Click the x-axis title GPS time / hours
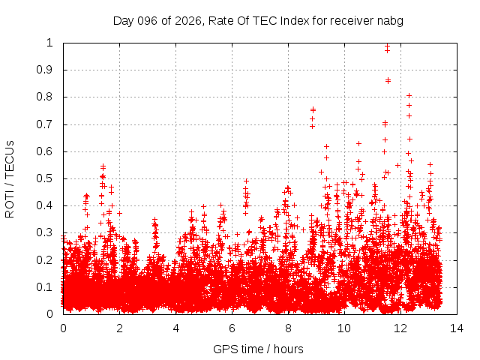click(258, 349)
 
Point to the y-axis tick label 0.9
click(46, 70)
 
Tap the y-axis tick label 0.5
click(46, 178)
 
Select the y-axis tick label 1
click(50, 43)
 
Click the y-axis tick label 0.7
click(46, 124)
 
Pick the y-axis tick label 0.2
click(46, 260)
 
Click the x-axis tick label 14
click(456, 328)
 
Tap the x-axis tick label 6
click(232, 328)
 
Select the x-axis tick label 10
click(343, 328)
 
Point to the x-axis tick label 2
click(119, 328)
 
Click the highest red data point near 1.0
click(387, 46)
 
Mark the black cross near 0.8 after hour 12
click(409, 95)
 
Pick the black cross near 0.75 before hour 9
click(313, 109)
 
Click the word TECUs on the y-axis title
click(10, 157)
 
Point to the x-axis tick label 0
click(63, 328)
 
